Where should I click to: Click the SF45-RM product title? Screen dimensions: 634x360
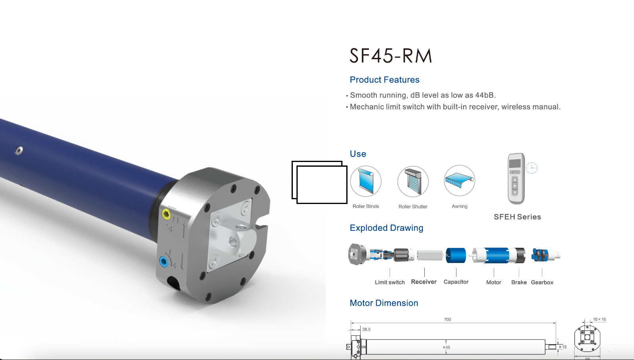tap(391, 55)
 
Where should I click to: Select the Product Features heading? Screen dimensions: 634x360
tap(384, 80)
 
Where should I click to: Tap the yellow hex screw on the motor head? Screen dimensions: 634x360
tap(166, 214)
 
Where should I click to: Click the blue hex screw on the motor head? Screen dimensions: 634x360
tap(164, 262)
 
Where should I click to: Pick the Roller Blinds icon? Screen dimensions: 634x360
tap(366, 181)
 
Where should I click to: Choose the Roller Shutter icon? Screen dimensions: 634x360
tap(413, 181)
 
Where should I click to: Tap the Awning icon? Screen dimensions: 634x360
tap(459, 181)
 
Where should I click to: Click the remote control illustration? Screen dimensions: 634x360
tap(516, 179)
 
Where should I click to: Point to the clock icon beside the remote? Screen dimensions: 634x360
tap(531, 168)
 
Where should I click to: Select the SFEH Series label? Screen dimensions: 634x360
tap(518, 217)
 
